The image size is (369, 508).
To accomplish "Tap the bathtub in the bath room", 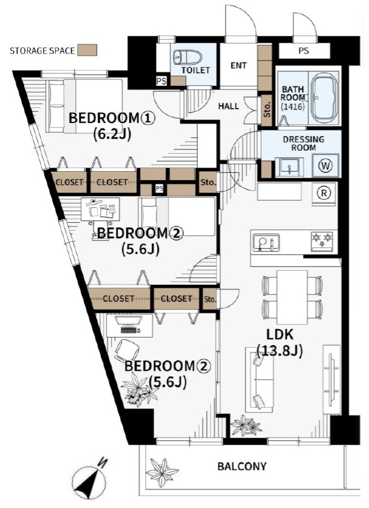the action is point(323,98).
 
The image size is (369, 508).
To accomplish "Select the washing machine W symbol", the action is point(326,166).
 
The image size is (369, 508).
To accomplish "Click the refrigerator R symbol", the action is point(323,193).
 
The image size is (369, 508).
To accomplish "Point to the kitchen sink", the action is point(266,242).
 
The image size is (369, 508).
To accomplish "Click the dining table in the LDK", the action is point(292,297).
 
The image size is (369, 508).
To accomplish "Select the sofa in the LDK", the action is point(260,379).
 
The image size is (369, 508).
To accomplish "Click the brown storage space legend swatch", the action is point(87,50).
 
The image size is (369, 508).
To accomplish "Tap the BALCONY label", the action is point(242,466).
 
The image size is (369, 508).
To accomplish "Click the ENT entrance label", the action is point(239,65).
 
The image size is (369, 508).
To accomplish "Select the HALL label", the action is point(229,106).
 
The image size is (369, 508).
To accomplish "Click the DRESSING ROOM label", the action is point(303,143).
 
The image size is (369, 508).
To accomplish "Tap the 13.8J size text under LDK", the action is point(280,351).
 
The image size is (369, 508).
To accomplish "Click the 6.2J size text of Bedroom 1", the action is point(112,134).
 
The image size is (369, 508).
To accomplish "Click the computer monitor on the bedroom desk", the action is point(129,321).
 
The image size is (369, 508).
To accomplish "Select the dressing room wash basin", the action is point(289,167).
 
